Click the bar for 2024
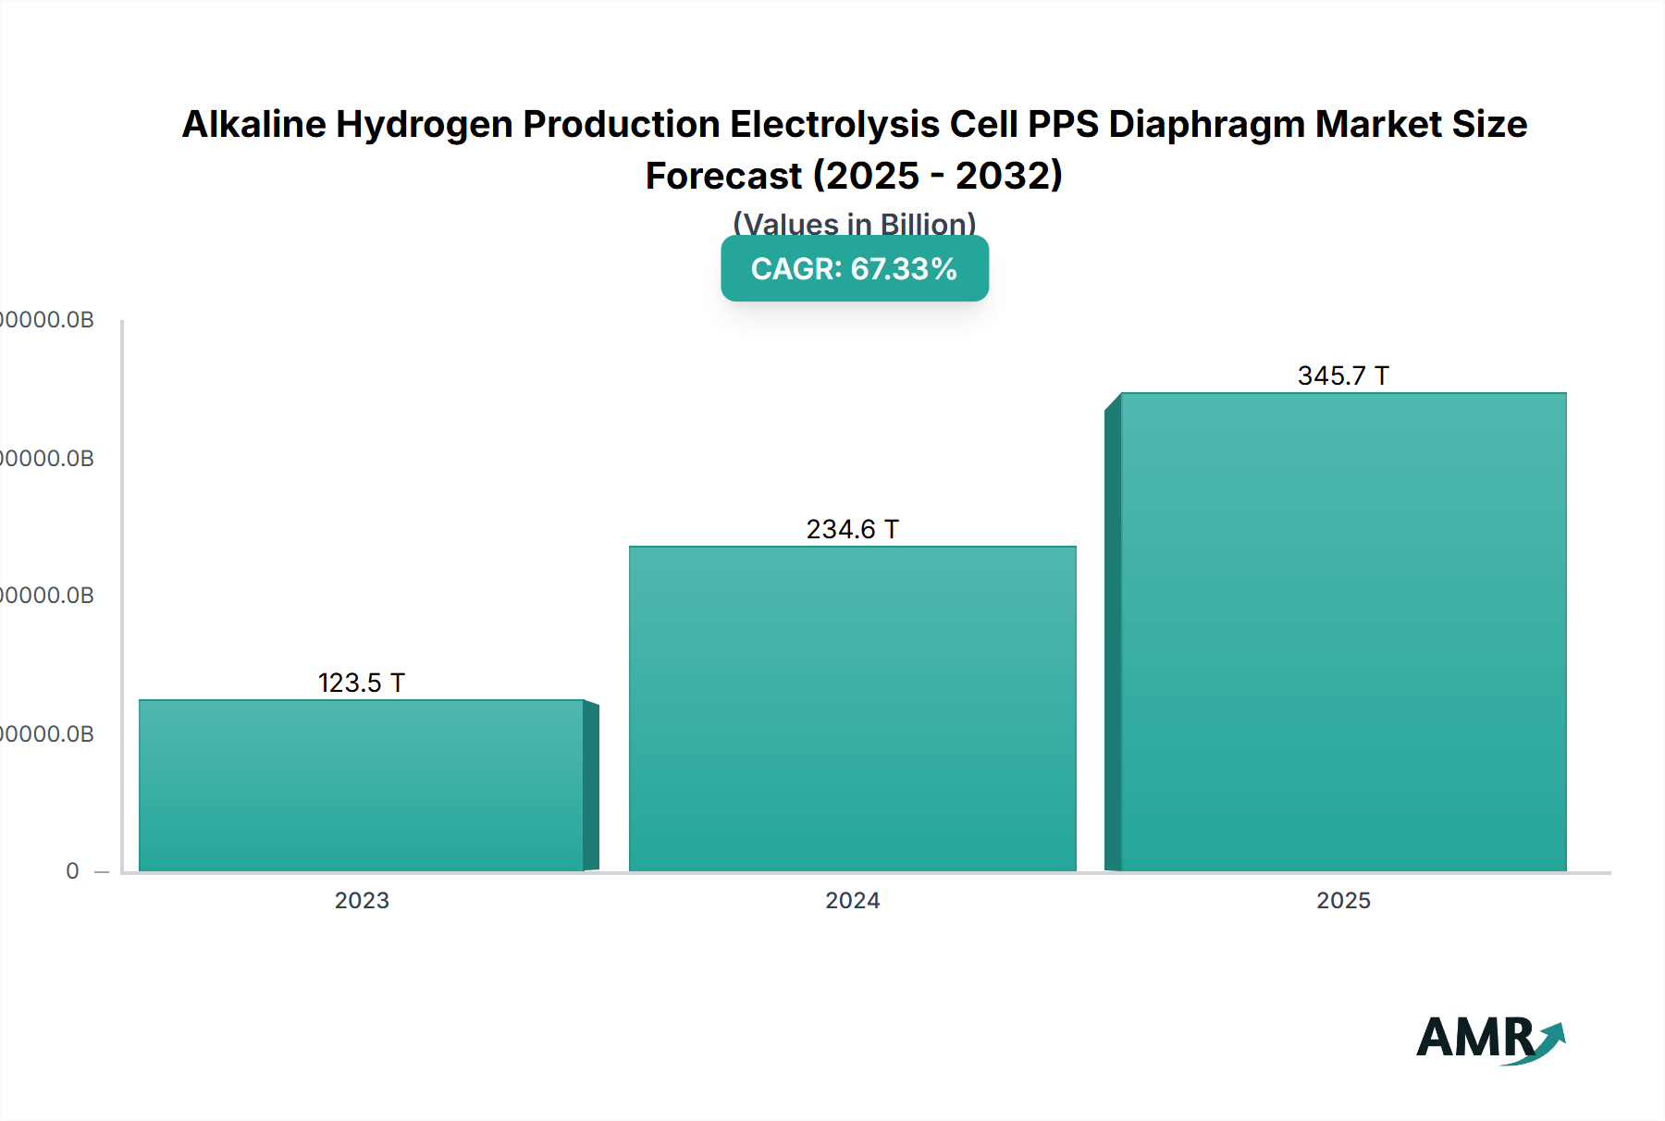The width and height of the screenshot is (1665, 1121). (x=852, y=708)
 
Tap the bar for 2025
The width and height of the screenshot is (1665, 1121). (x=1343, y=632)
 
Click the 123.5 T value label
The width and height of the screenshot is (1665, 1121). (x=362, y=683)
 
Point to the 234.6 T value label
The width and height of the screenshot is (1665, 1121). (x=852, y=529)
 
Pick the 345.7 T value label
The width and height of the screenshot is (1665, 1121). (x=1343, y=376)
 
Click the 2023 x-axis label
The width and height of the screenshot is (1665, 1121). (x=362, y=900)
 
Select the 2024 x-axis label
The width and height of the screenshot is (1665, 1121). (x=852, y=900)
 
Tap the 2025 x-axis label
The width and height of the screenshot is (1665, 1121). (x=1343, y=900)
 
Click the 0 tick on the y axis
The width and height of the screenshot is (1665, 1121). (x=72, y=871)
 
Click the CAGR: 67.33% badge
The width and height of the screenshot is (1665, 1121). (x=854, y=268)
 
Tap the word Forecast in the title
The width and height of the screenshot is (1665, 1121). (x=723, y=176)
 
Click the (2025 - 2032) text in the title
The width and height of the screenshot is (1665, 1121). (x=937, y=176)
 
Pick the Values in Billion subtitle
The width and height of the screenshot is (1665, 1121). (x=854, y=224)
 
